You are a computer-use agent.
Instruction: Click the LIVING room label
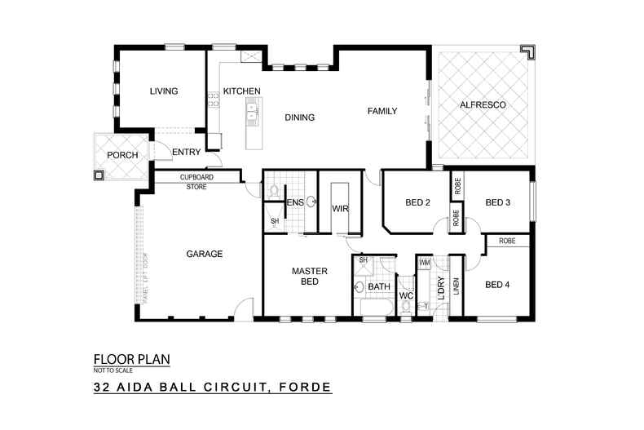coord(163,91)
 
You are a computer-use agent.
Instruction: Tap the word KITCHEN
coord(241,91)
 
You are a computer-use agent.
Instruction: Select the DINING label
coord(299,117)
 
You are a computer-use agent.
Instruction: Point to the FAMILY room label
coord(382,110)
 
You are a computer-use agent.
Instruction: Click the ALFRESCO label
coord(483,106)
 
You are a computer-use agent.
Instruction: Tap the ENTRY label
coord(186,152)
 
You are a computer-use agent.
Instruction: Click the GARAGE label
coord(205,254)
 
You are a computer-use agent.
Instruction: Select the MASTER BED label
coord(310,276)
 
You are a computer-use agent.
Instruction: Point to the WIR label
coord(340,209)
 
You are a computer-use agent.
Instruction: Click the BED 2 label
coord(417,203)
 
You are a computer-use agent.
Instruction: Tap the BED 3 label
coord(497,203)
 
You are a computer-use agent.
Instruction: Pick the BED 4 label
coord(497,285)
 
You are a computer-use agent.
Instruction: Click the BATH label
coord(379,287)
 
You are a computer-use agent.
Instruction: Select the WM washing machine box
coord(424,263)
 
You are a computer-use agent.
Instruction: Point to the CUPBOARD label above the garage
coord(196,177)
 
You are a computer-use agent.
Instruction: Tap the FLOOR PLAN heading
coord(131,359)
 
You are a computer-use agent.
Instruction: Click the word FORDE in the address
coord(303,388)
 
